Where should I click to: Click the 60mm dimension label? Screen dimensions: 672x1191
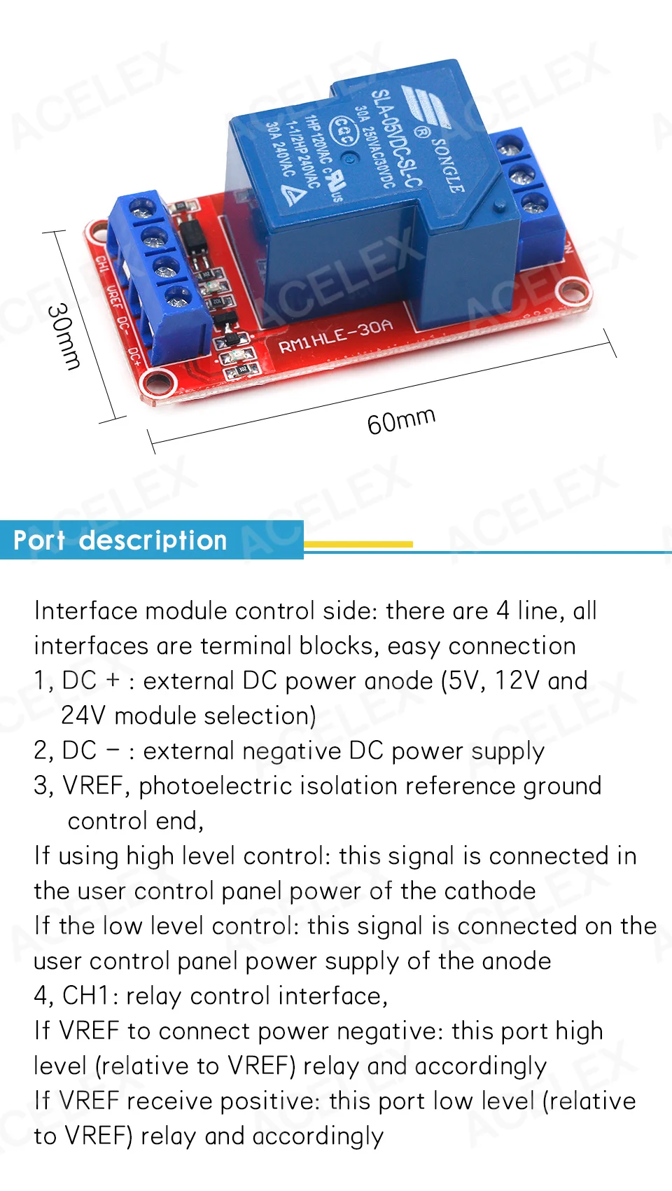pos(401,421)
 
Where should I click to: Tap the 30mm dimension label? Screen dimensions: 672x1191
pos(64,336)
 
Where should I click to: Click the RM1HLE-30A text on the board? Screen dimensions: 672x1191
pos(335,336)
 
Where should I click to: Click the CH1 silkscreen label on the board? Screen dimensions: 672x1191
pos(102,265)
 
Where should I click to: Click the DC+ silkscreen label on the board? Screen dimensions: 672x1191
pos(135,357)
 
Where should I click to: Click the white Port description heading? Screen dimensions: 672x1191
pos(120,541)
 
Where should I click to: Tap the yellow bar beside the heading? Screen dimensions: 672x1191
pos(358,544)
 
